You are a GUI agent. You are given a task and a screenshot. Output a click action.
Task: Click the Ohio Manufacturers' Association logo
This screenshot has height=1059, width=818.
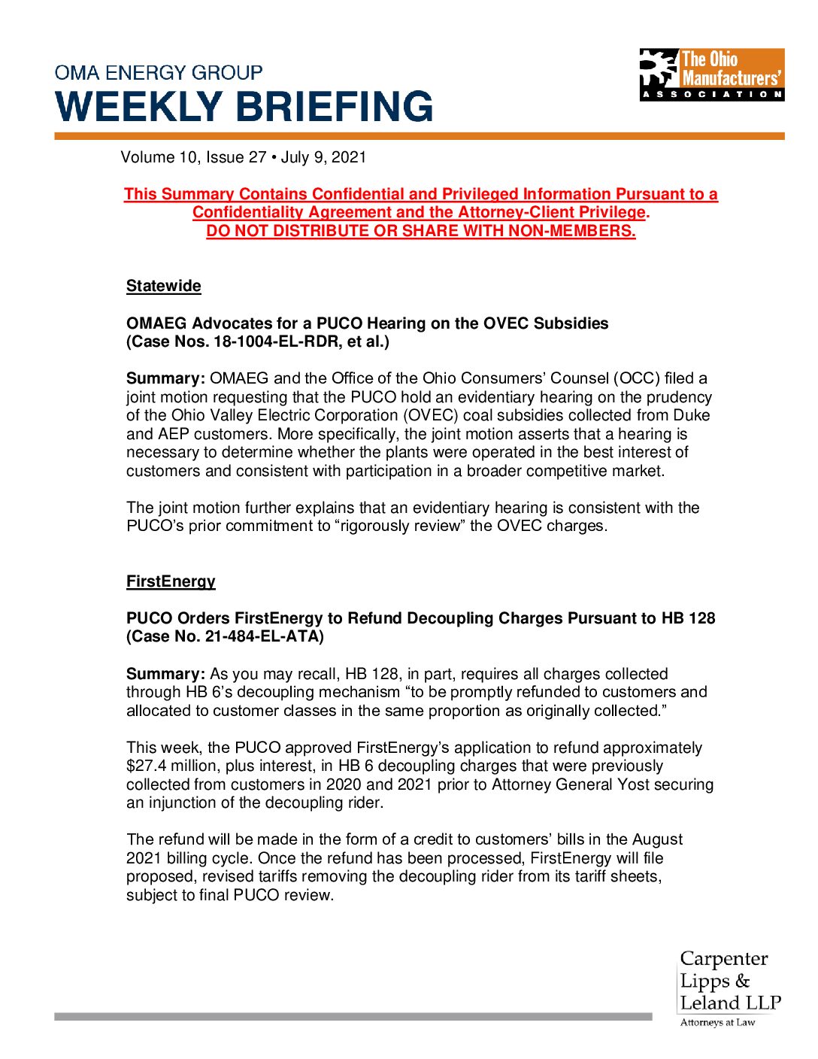tap(711, 74)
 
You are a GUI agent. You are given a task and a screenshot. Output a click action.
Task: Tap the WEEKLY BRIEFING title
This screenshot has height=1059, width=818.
tap(244, 107)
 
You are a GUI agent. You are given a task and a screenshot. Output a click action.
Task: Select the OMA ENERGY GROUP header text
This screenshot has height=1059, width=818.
tap(159, 73)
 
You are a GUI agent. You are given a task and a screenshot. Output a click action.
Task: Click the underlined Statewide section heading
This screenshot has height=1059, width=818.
tap(164, 286)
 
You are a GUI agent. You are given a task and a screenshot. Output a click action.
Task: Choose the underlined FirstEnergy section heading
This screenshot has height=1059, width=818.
tap(171, 581)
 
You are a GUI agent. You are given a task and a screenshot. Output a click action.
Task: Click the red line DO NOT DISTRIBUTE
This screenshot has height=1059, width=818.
tap(421, 231)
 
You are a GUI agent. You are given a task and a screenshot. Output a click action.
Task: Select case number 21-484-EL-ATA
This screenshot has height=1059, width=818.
tap(260, 636)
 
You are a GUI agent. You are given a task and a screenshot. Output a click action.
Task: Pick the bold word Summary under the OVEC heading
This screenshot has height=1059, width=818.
tap(165, 378)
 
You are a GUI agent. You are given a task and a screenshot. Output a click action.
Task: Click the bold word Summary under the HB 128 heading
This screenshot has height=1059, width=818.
tap(165, 674)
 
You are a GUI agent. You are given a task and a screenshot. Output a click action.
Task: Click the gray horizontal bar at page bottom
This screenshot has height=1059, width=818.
tap(353, 1016)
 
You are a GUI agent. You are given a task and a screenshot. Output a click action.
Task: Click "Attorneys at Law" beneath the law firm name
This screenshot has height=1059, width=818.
tap(717, 1022)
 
